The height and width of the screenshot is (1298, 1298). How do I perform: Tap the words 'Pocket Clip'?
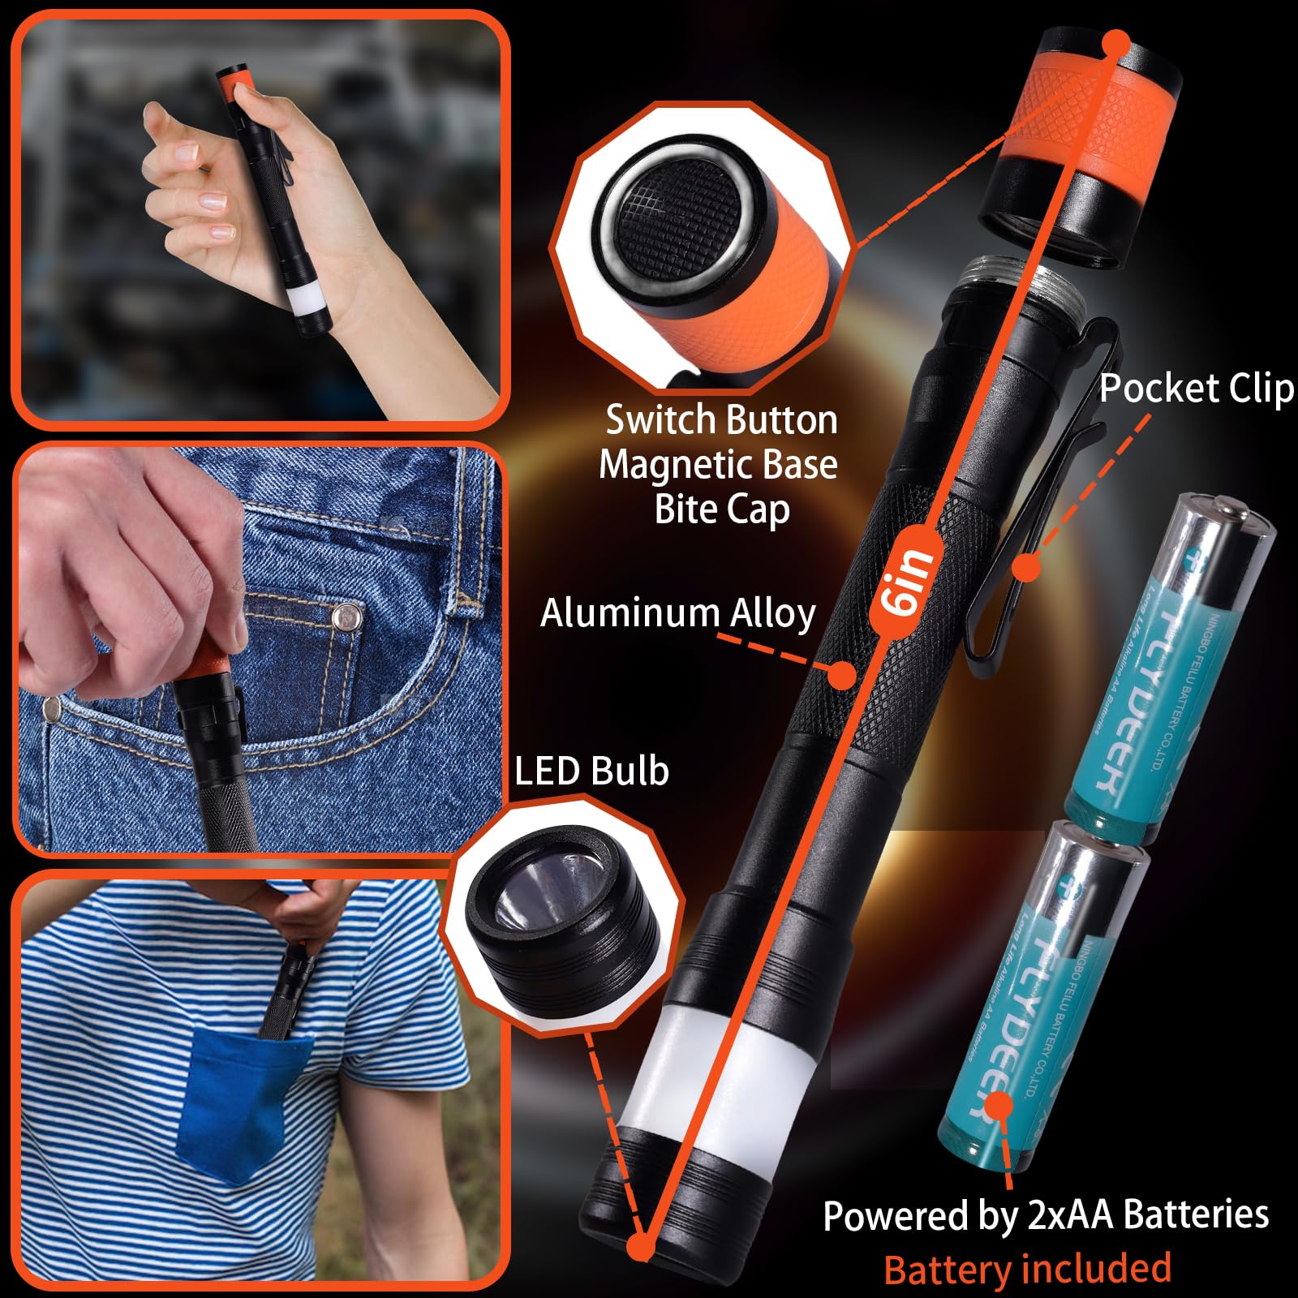coord(1196,389)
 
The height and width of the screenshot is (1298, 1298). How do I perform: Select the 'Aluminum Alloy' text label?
coord(677,613)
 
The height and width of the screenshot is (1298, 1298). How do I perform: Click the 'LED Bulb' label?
coord(591,771)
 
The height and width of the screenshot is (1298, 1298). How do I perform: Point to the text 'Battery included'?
coord(1027,1269)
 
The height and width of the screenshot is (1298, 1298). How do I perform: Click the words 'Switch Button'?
coord(721,420)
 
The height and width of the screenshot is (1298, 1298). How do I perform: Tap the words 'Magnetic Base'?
coord(718,465)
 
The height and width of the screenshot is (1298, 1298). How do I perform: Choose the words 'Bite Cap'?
coord(721,509)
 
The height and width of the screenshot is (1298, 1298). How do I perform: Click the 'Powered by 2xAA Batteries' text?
coord(1045,1215)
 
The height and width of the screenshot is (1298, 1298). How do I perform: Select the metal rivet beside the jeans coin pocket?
coord(349,618)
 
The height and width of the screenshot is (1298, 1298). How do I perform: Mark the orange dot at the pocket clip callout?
coord(1027,567)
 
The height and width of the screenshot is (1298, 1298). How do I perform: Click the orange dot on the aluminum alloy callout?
coord(841,673)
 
